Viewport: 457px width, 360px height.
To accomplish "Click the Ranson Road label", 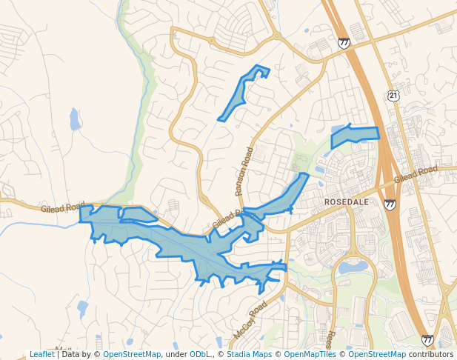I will tap(244, 171).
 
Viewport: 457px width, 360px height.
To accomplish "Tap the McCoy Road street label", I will tap(250, 320).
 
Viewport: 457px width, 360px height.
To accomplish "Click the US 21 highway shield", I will tap(393, 96).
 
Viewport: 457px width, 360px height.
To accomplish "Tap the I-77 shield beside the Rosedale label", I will tap(390, 204).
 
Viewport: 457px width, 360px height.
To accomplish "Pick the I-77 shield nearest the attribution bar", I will tap(427, 339).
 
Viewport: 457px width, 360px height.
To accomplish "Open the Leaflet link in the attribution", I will tap(41, 354).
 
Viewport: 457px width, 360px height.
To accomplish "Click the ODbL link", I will tap(200, 354).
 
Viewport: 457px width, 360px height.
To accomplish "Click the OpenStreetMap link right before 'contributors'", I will tap(377, 354).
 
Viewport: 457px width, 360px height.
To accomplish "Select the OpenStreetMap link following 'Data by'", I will tap(132, 354).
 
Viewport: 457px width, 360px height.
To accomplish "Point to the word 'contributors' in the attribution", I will tap(430, 354).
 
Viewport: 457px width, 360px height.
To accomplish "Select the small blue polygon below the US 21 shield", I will tap(354, 136).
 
